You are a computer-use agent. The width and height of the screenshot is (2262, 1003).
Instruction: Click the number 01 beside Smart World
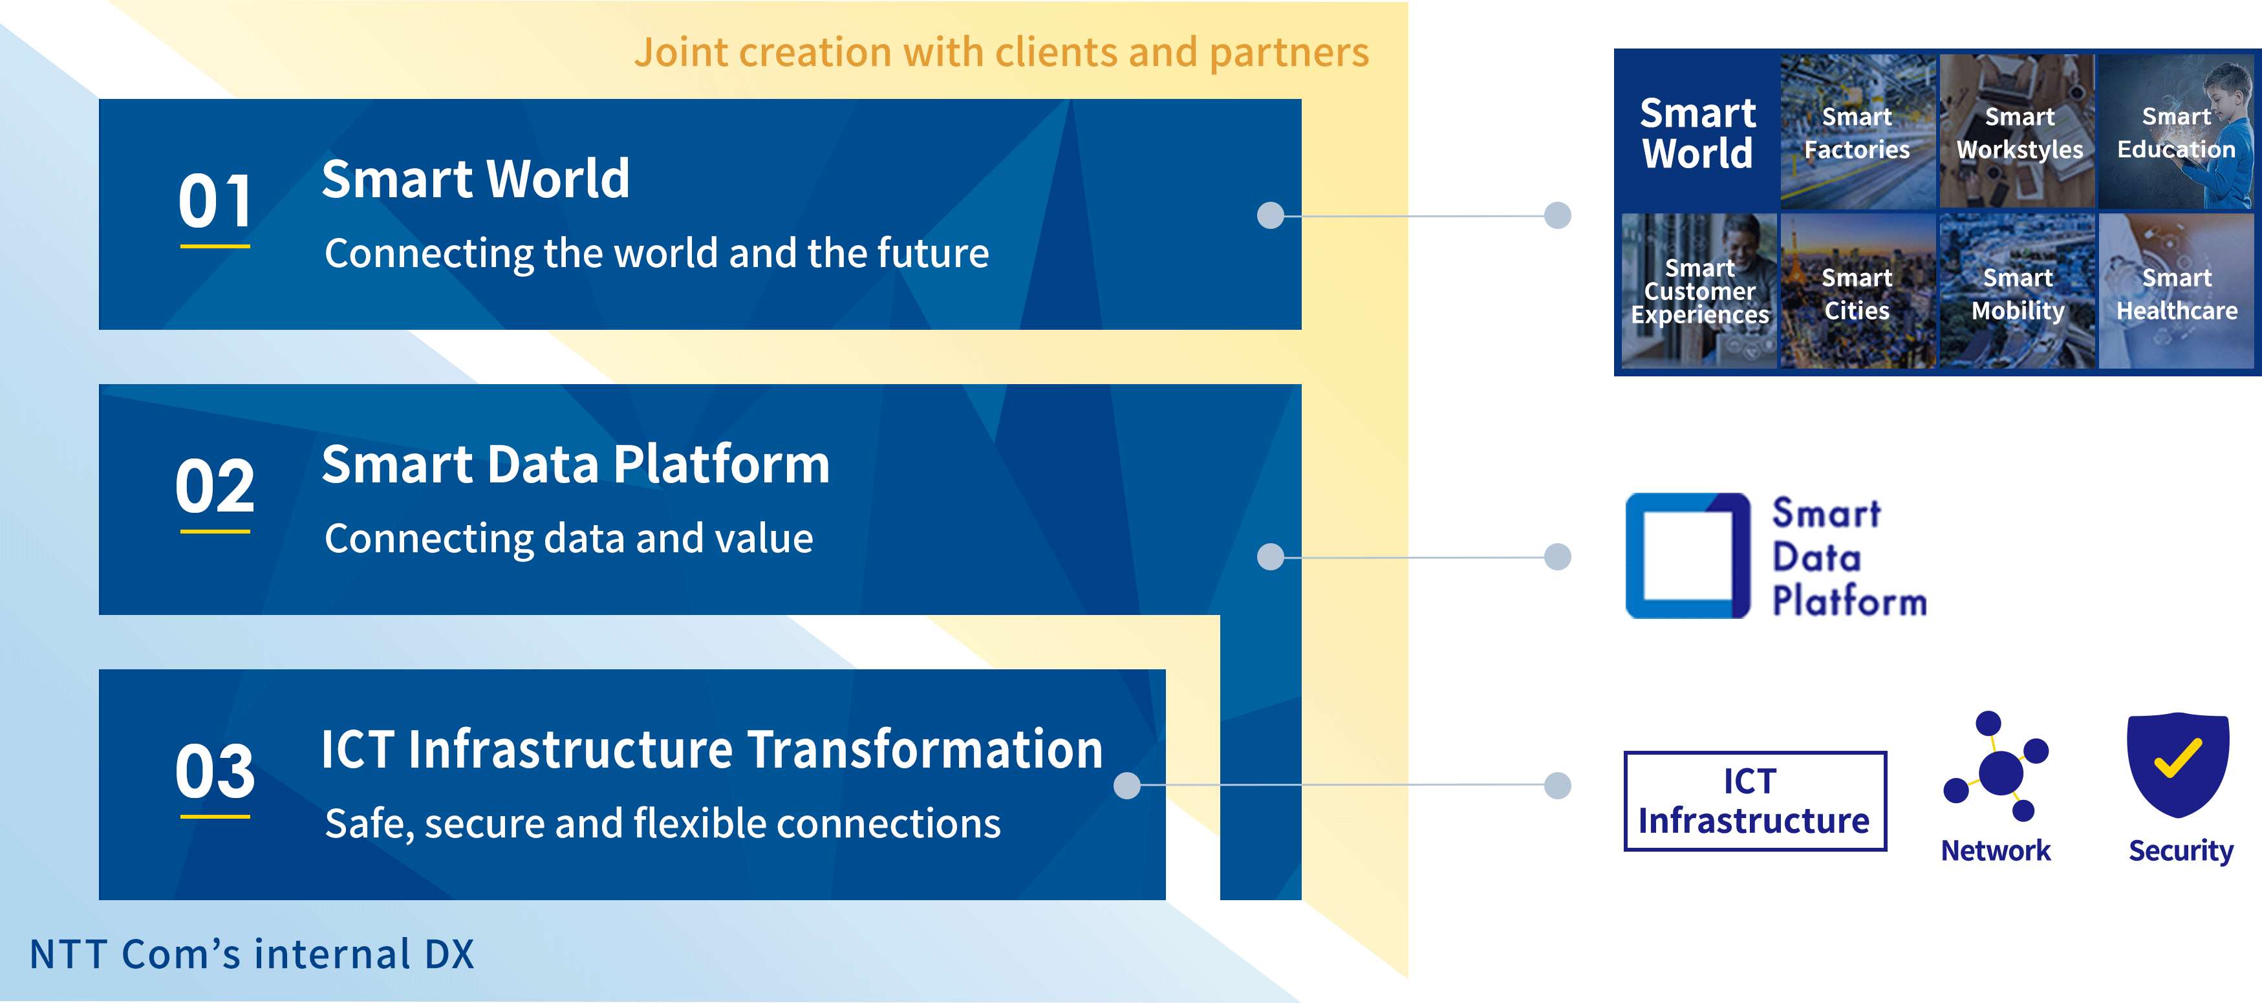tap(215, 200)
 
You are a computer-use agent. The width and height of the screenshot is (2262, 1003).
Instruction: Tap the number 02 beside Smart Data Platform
tap(215, 486)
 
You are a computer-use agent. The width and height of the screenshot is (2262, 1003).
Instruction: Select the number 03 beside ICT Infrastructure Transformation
tap(215, 771)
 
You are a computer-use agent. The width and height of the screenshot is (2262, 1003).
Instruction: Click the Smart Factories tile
tap(1857, 132)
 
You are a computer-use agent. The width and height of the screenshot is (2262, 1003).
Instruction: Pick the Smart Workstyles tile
tap(2017, 132)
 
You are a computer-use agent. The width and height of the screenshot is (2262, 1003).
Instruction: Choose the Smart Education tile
tap(2176, 132)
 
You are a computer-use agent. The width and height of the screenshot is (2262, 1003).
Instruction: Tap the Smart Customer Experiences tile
tap(1699, 291)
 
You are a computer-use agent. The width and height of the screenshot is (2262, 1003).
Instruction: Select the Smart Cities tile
tap(1857, 291)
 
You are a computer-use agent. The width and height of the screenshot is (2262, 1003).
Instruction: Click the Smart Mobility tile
tap(2017, 291)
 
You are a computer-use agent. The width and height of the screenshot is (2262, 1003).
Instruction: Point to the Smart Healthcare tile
tap(2176, 291)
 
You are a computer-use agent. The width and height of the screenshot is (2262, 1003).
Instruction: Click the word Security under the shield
tap(2181, 850)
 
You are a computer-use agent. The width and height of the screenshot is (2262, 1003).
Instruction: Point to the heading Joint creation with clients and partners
tap(1001, 52)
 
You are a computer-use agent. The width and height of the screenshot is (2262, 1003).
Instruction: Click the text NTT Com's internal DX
tap(252, 954)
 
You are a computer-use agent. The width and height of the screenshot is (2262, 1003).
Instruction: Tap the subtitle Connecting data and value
tap(569, 539)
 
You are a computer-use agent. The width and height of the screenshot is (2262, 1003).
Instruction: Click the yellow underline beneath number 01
tap(215, 247)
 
